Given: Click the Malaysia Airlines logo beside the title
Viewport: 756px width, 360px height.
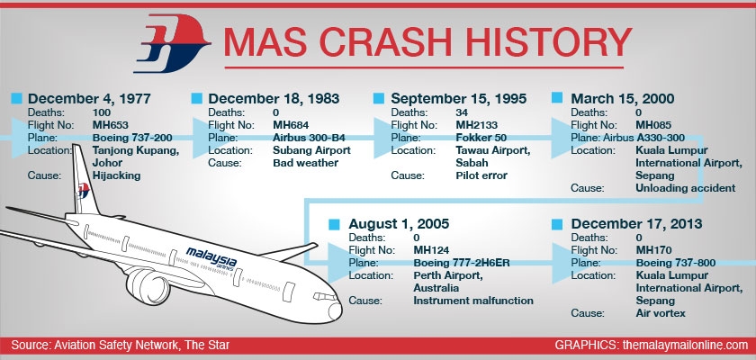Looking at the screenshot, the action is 172,43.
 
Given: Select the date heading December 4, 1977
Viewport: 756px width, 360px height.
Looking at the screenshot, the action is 89,99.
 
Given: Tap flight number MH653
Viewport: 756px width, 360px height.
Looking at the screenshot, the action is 111,125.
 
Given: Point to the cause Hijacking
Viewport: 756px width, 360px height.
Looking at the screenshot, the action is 117,175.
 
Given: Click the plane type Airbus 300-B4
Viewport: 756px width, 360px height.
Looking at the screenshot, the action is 309,138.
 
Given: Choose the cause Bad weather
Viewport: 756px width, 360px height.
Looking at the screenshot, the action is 306,163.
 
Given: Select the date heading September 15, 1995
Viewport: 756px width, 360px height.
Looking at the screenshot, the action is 458,99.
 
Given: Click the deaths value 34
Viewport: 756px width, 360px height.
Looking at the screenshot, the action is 462,112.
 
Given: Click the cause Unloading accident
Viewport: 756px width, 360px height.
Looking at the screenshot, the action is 686,188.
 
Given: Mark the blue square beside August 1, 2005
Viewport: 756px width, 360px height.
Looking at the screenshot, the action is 334,224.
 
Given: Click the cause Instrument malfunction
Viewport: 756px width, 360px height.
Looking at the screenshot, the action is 473,301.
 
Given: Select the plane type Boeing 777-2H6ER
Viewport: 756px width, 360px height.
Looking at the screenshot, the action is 462,263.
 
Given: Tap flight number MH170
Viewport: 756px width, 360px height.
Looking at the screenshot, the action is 653,250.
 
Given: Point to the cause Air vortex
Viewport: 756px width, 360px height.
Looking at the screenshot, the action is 661,313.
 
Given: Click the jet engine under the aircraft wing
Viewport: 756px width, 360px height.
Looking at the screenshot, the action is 148,286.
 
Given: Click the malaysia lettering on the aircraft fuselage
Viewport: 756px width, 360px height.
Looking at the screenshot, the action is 211,257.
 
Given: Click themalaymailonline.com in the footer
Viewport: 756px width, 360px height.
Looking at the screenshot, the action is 685,345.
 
